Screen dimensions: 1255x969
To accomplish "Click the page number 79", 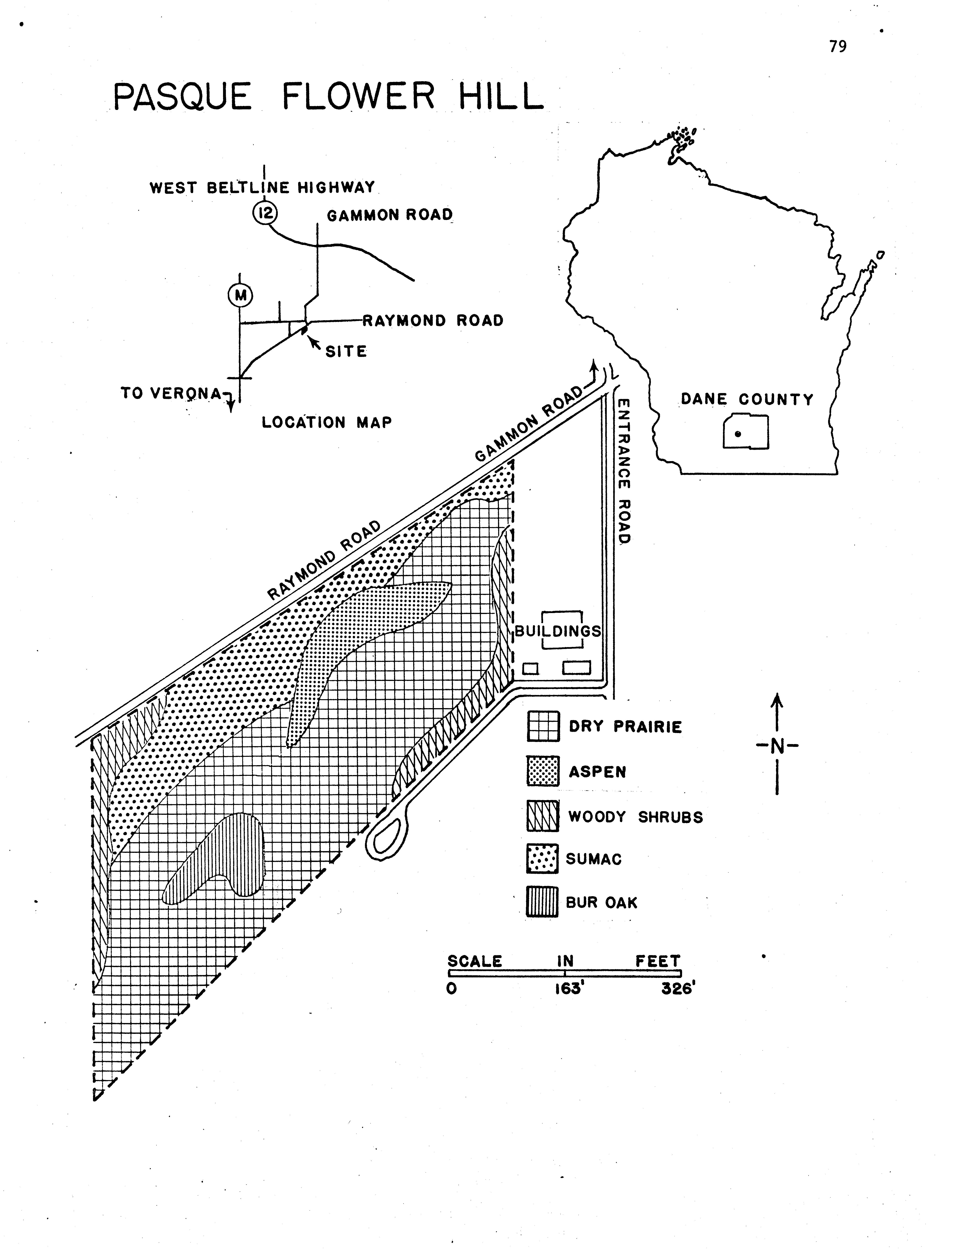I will point(837,47).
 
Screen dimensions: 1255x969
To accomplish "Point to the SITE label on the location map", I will point(346,351).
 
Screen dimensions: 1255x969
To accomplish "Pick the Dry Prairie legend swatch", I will point(542,726).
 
